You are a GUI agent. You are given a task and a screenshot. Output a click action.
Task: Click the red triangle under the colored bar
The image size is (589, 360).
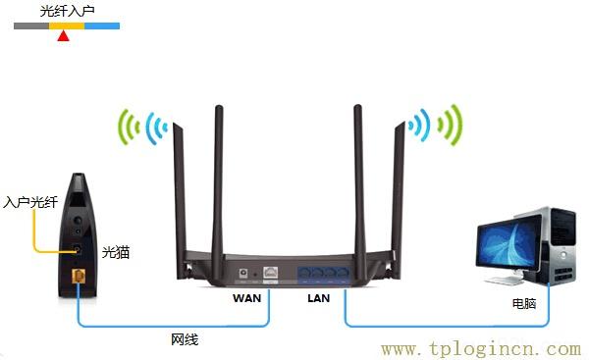[x=64, y=36]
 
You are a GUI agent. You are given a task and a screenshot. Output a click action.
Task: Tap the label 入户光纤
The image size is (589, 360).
[x=28, y=202]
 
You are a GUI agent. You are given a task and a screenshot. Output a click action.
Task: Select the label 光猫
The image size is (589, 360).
[x=116, y=252]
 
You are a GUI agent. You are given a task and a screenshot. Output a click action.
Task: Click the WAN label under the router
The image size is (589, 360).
[x=246, y=296]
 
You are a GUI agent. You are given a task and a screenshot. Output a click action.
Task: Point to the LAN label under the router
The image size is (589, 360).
[x=319, y=296]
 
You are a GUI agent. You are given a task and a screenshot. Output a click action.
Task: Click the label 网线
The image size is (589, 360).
[x=185, y=339]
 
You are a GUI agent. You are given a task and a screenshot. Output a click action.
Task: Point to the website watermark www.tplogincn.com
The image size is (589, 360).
[x=481, y=348]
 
